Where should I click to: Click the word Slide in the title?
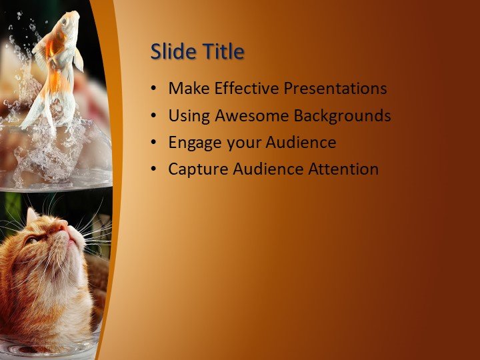coord(171,51)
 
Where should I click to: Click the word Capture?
coord(197,169)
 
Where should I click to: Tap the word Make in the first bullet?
coord(187,88)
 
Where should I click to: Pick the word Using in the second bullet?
coord(188,116)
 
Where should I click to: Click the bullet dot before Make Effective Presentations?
coord(155,89)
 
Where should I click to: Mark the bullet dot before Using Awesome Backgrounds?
coord(155,116)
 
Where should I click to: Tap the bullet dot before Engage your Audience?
coord(155,143)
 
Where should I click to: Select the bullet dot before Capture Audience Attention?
coord(155,169)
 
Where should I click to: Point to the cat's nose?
coord(61,228)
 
